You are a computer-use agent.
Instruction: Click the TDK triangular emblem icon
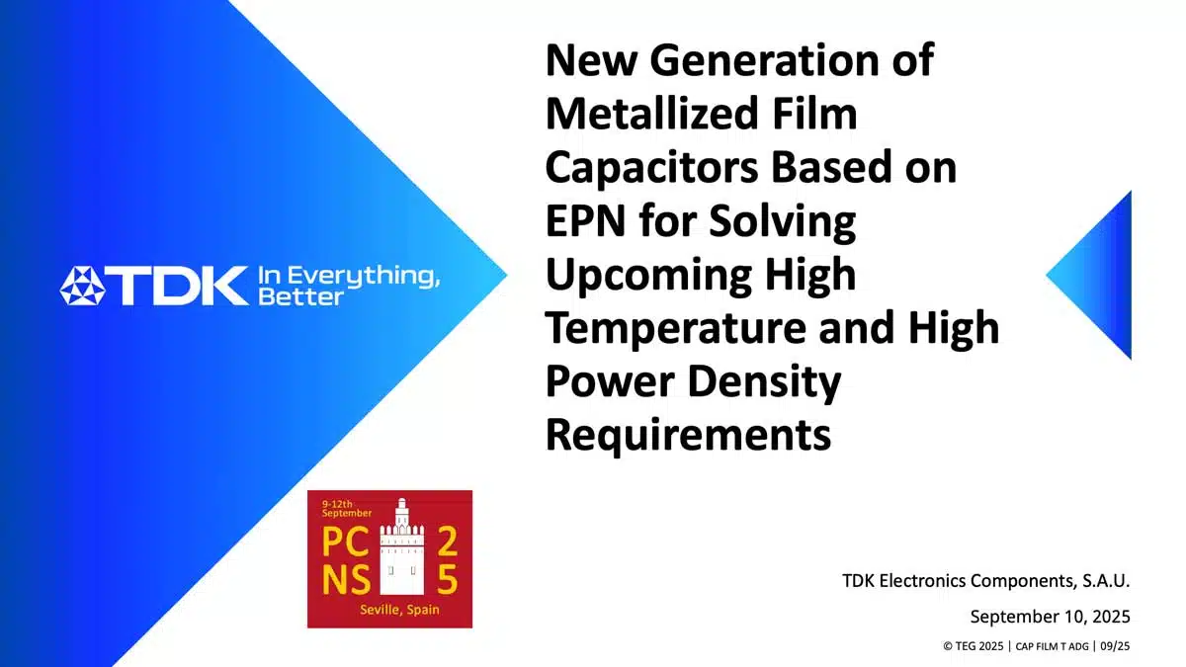tap(83, 286)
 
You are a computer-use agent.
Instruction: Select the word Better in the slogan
tap(300, 296)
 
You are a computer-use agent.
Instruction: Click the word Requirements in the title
tap(688, 435)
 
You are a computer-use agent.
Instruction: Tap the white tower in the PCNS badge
tap(402, 546)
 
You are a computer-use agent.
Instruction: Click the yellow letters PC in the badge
tap(345, 542)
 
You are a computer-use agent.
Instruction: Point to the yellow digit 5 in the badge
tap(448, 579)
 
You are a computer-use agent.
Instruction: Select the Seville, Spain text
tap(399, 610)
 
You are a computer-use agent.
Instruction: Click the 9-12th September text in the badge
tap(347, 508)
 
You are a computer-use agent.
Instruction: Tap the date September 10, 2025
tap(1050, 617)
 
